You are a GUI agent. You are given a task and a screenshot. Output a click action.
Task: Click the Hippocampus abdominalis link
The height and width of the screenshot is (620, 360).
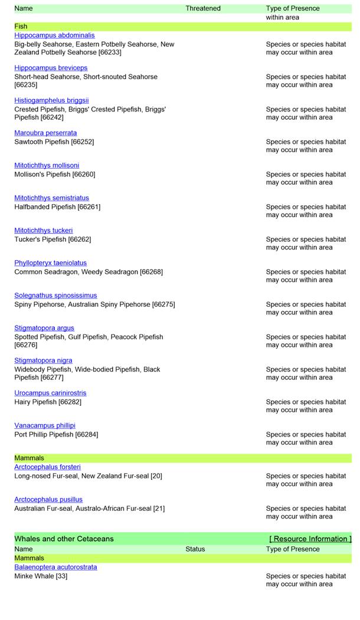pyautogui.click(x=54, y=35)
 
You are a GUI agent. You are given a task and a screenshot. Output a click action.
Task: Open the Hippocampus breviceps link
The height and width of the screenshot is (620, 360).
pyautogui.click(x=51, y=68)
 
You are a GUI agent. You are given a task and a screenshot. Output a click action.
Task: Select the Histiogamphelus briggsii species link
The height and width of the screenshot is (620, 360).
pyautogui.click(x=51, y=100)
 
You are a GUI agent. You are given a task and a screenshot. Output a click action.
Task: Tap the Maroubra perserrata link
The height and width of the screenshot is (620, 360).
pyautogui.click(x=45, y=133)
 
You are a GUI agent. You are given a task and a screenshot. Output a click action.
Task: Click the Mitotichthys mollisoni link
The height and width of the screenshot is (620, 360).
pyautogui.click(x=47, y=165)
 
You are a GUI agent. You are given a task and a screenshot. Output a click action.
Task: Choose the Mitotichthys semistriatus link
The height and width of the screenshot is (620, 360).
pyautogui.click(x=51, y=198)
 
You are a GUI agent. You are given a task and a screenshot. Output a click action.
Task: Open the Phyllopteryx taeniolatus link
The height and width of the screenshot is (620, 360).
pyautogui.click(x=50, y=263)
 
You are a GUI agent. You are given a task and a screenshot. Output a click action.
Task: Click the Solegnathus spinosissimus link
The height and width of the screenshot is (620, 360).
pyautogui.click(x=55, y=295)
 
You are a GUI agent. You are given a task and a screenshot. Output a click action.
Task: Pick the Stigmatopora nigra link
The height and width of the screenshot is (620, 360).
pyautogui.click(x=43, y=360)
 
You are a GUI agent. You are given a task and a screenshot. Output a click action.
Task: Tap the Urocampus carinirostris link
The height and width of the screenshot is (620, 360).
pyautogui.click(x=50, y=392)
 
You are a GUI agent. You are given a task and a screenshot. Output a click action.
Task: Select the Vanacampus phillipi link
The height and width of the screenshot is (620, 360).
pyautogui.click(x=45, y=425)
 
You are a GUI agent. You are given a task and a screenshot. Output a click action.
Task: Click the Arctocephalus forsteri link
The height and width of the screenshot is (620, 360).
pyautogui.click(x=47, y=467)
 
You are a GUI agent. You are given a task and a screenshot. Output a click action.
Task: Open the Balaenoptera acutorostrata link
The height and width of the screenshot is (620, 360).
pyautogui.click(x=55, y=567)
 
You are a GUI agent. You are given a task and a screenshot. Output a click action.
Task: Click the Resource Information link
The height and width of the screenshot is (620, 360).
pyautogui.click(x=310, y=539)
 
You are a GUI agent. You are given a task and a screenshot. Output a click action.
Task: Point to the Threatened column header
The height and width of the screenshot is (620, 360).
pyautogui.click(x=203, y=8)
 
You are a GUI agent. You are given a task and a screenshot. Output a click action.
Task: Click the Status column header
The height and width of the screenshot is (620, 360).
pyautogui.click(x=195, y=549)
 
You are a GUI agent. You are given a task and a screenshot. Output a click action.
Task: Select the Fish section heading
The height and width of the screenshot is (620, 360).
pyautogui.click(x=21, y=27)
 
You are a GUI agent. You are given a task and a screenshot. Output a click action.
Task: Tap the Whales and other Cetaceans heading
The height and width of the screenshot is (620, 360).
pyautogui.click(x=64, y=539)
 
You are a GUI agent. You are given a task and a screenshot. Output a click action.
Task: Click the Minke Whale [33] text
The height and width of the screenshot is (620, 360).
pyautogui.click(x=41, y=576)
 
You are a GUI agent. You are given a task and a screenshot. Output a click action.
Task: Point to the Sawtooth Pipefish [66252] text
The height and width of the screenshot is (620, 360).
pyautogui.click(x=54, y=142)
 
